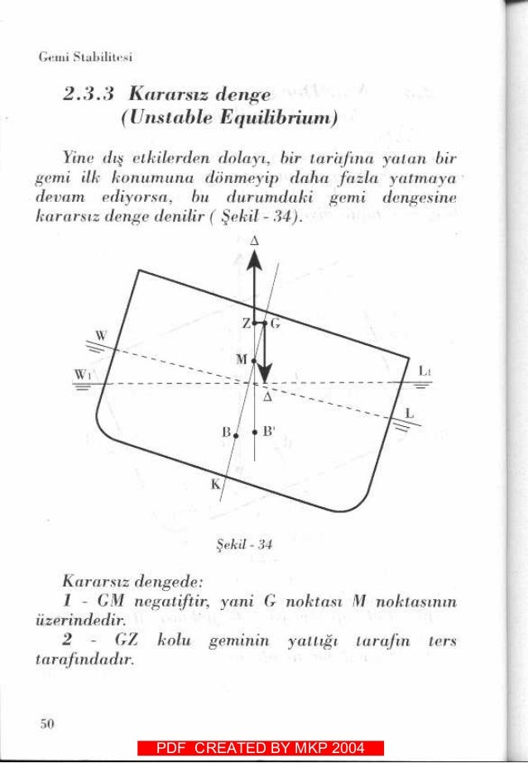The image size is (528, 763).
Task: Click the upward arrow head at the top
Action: click(254, 259)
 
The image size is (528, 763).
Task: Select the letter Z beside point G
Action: click(246, 323)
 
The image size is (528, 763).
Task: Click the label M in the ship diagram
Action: click(241, 360)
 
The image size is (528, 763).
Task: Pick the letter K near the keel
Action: click(214, 485)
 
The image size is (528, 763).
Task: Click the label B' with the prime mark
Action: click(269, 431)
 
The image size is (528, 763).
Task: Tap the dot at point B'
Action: click(254, 430)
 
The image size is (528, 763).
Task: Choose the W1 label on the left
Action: click(83, 374)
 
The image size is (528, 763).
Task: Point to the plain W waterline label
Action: click(101, 336)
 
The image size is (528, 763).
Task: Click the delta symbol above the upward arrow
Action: click(254, 239)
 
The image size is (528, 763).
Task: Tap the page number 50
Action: click(47, 723)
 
